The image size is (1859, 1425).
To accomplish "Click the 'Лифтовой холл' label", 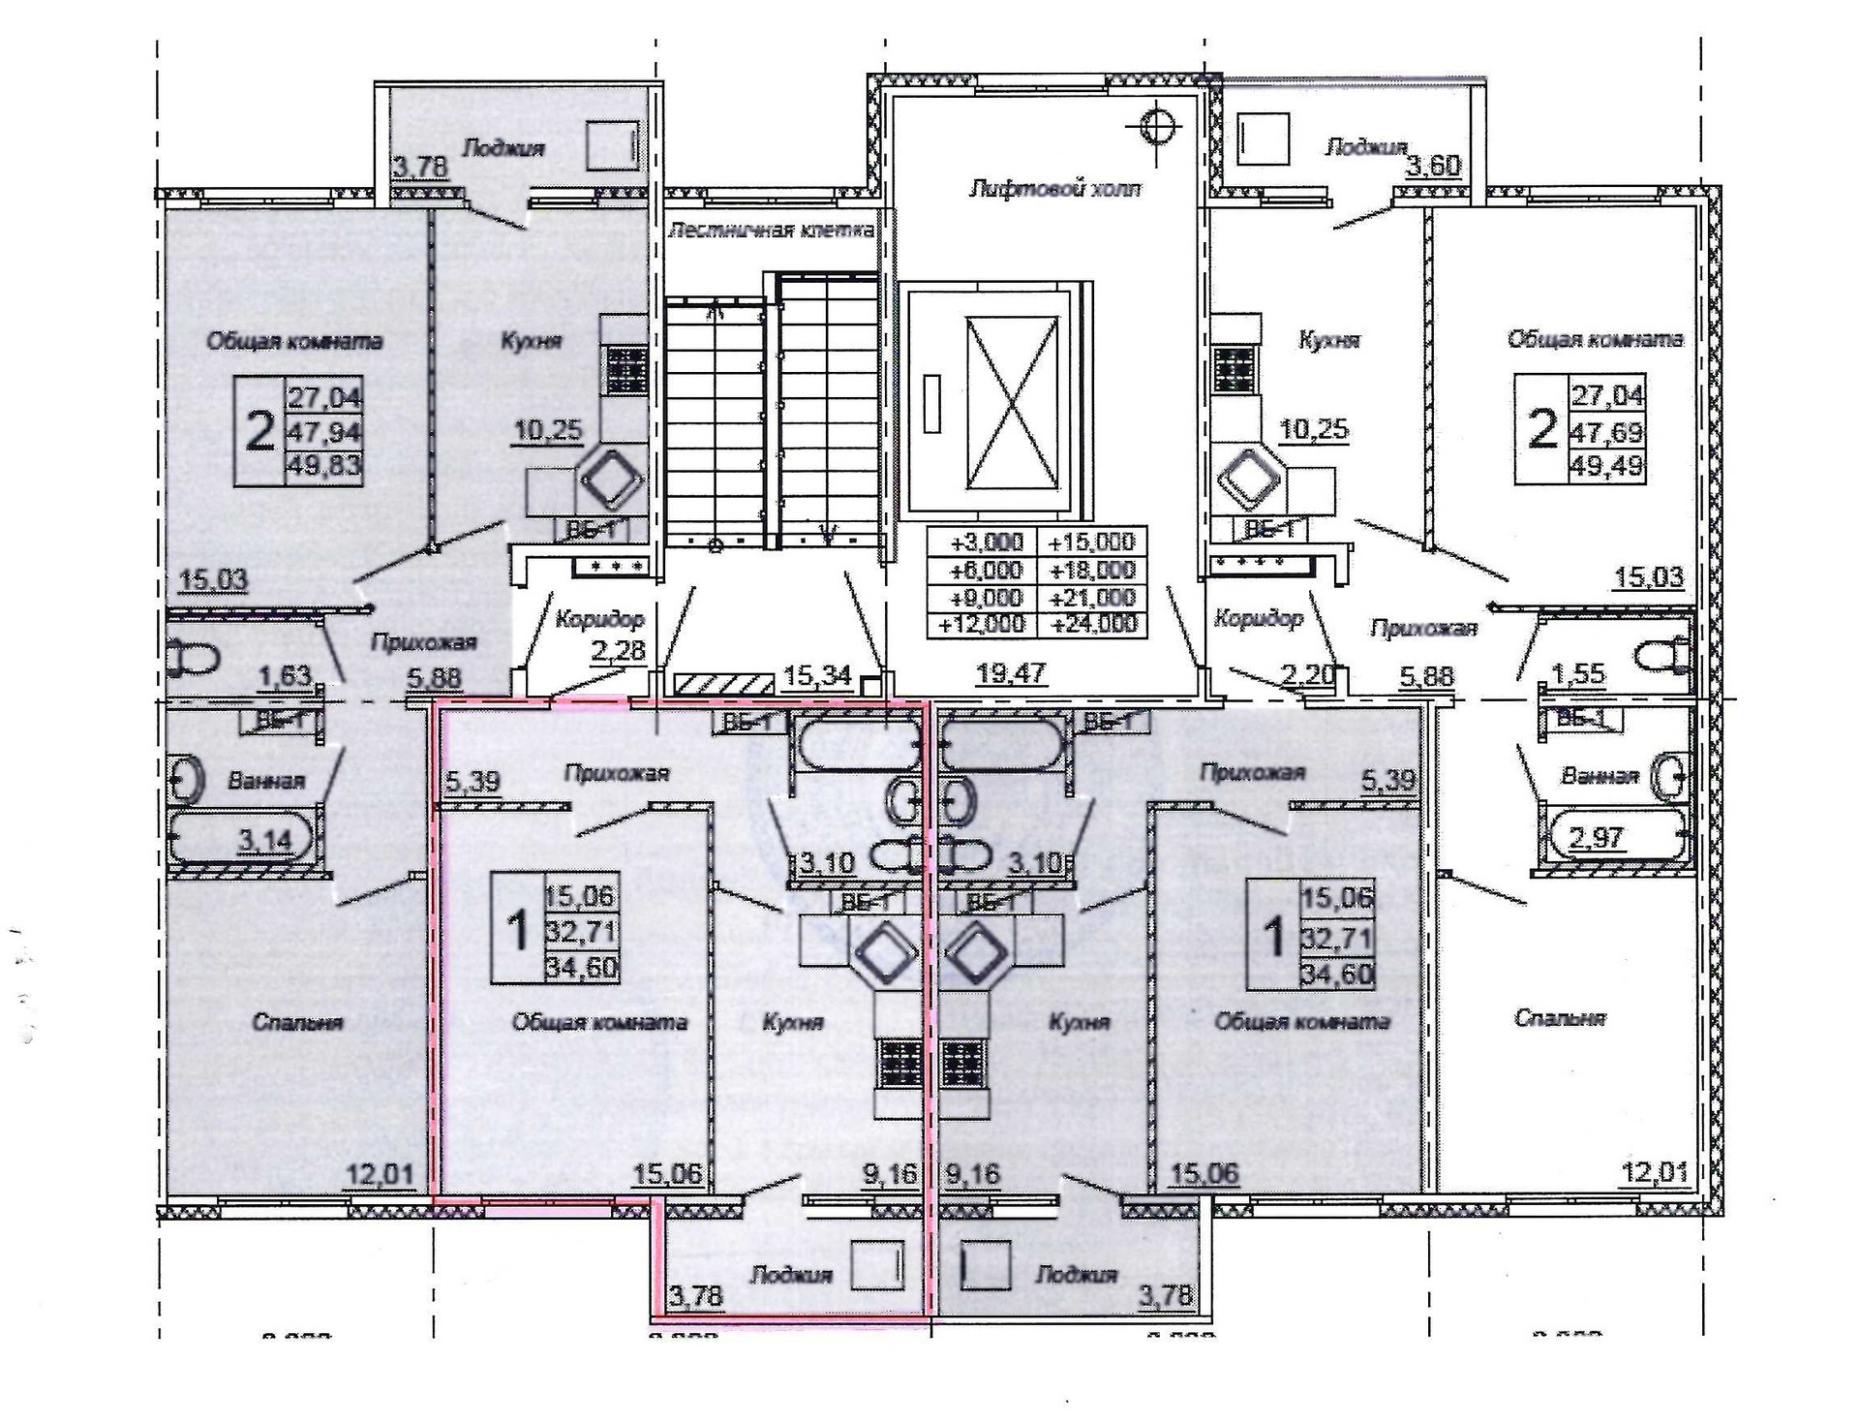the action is click(1054, 188).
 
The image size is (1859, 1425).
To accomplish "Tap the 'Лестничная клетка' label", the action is click(772, 231).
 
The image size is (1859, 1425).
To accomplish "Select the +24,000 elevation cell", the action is click(1093, 624).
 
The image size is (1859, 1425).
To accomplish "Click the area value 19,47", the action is click(1010, 672).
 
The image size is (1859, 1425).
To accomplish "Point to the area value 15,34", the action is click(816, 675).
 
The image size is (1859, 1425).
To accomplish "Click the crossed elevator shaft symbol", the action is click(1011, 402).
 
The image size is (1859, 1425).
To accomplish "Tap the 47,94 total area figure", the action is click(324, 431).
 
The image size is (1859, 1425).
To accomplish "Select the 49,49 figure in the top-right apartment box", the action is click(1607, 466).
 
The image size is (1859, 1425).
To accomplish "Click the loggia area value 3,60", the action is click(1433, 166).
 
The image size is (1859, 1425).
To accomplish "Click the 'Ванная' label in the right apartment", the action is click(1600, 776).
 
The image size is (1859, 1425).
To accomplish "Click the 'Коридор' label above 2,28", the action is click(599, 618).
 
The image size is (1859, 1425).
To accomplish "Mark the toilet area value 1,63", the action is click(285, 675).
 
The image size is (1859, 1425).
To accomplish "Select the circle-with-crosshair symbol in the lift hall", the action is click(1158, 124).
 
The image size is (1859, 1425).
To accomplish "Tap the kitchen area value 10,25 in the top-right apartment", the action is click(1314, 429).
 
